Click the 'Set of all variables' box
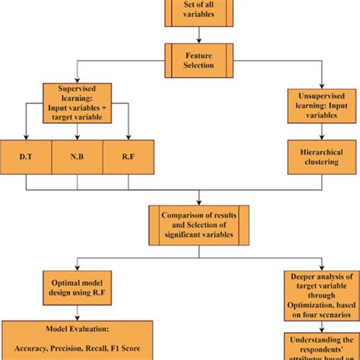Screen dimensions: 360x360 tap(198, 12)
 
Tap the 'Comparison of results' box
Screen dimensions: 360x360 tap(198, 225)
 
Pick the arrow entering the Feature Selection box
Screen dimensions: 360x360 tap(198, 34)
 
